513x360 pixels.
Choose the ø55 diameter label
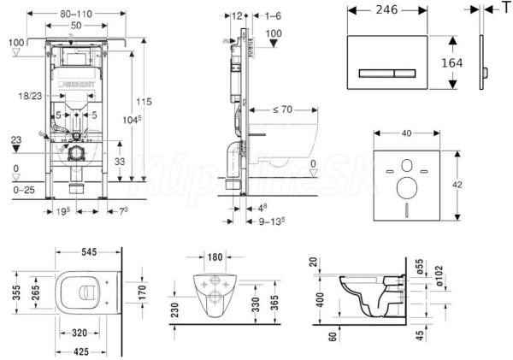418,265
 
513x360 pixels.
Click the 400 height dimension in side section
318,298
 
